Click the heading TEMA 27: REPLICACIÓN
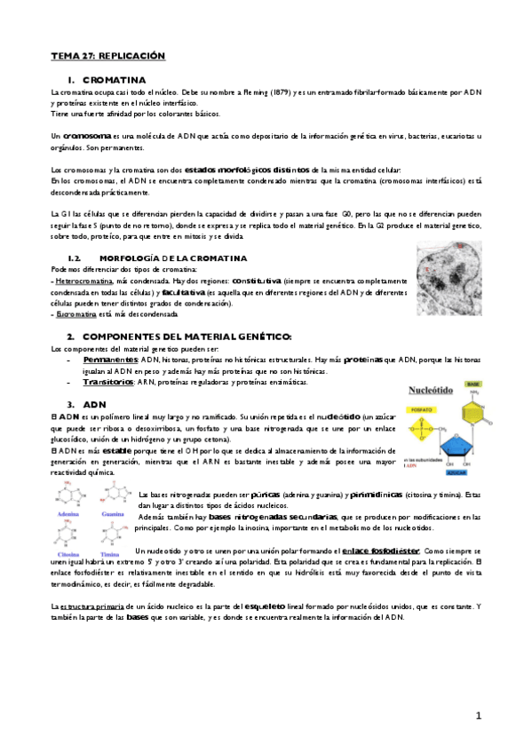click(x=107, y=55)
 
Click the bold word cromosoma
click(x=86, y=136)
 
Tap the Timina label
click(x=110, y=552)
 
